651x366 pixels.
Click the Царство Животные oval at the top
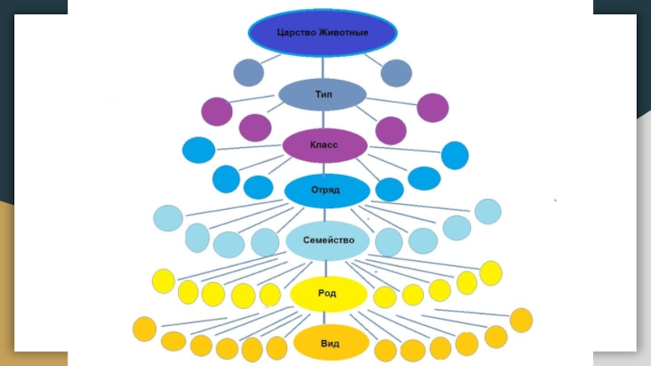pos(322,33)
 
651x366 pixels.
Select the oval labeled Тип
pos(322,94)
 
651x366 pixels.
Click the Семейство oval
pos(327,241)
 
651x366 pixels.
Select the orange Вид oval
pos(330,344)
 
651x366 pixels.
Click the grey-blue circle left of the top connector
pos(249,73)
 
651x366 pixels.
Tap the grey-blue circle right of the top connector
pos(396,73)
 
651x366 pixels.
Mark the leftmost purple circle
pos(216,111)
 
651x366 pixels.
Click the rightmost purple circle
pos(432,107)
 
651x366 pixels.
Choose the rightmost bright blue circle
pos(454,155)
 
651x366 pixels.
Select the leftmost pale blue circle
pos(168,218)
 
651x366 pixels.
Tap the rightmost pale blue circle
pos(488,211)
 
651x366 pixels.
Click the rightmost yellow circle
pos(491,273)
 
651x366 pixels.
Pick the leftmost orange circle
pos(145,329)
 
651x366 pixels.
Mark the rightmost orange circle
pos(521,320)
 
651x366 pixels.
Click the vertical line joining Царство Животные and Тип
pos(323,65)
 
